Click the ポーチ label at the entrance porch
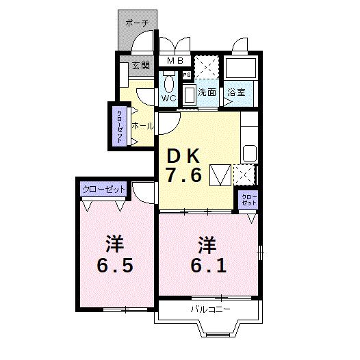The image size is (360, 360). [x=137, y=23]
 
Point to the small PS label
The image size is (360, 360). [x=186, y=75]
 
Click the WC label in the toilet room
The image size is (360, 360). [x=169, y=98]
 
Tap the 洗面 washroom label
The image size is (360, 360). [x=207, y=92]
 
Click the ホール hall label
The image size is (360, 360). [x=142, y=125]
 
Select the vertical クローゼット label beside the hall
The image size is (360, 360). [x=120, y=125]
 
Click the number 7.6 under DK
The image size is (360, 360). [x=182, y=175]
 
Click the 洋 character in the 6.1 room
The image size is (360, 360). [x=208, y=243]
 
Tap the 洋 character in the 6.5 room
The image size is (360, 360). [x=114, y=243]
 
